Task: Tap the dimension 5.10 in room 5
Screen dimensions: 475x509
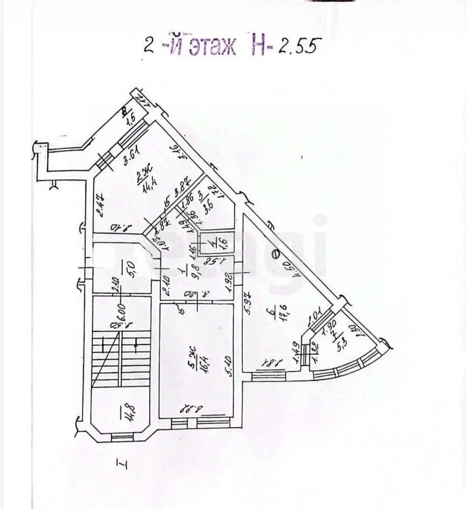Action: [229, 363]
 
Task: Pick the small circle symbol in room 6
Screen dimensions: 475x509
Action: [275, 253]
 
